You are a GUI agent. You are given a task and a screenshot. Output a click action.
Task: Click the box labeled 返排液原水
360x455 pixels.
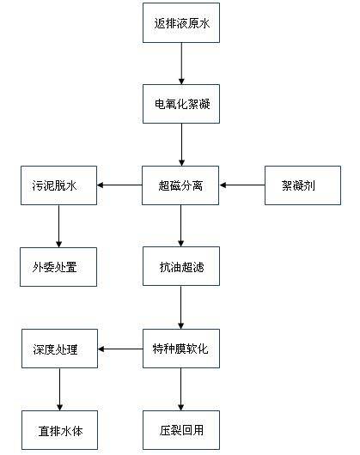[x=181, y=23]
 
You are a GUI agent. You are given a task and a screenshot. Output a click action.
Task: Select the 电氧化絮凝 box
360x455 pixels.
[x=181, y=104]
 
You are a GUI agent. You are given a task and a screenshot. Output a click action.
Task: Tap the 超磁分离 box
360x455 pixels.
[x=180, y=185]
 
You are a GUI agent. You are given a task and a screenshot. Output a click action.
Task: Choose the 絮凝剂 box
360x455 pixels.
[x=302, y=185]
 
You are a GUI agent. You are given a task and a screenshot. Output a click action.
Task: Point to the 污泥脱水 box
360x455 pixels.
[x=58, y=185]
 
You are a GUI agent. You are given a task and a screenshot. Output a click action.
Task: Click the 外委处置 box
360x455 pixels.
[x=58, y=267]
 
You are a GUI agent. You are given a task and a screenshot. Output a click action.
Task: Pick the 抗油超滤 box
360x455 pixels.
[x=181, y=266]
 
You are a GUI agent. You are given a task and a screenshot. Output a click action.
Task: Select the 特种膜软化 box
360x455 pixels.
[x=181, y=349]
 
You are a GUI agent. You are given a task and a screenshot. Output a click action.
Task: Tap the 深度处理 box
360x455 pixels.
[x=59, y=349]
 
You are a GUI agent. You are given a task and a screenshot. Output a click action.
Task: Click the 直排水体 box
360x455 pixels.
[x=59, y=430]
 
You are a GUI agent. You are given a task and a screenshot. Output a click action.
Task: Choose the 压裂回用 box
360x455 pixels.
[x=181, y=430]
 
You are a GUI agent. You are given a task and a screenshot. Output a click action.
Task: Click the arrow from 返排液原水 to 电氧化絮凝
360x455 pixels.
[x=182, y=64]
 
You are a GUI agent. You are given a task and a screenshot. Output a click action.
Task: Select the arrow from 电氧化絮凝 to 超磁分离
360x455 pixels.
[x=182, y=145]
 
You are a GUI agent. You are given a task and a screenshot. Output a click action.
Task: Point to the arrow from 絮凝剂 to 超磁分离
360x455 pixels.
[x=242, y=185]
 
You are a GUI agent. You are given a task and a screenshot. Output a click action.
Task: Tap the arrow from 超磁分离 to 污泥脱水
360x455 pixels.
[x=119, y=185]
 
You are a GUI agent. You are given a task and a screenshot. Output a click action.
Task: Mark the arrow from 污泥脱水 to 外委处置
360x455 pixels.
[x=59, y=227]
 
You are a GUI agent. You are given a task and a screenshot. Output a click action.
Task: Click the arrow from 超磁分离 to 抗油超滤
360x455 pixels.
[x=181, y=226]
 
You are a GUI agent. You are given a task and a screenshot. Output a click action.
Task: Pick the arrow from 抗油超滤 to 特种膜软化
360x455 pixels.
[x=181, y=307]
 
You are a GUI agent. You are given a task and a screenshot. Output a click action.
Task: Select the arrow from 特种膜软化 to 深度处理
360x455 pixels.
[x=120, y=349]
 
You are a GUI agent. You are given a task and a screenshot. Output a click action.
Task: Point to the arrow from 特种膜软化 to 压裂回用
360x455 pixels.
[x=181, y=390]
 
